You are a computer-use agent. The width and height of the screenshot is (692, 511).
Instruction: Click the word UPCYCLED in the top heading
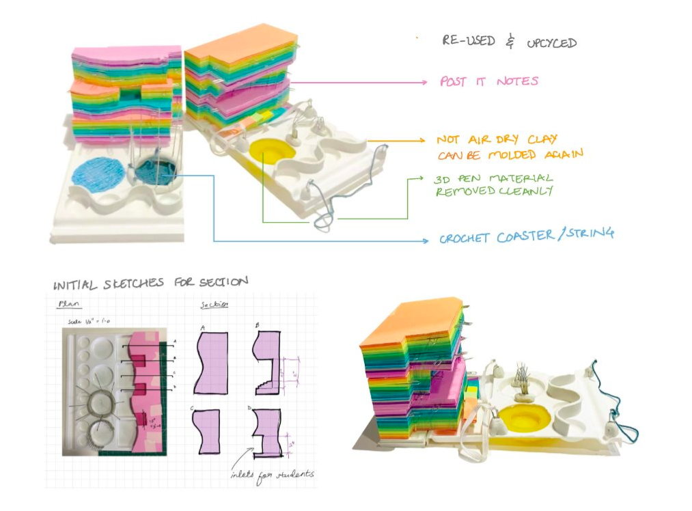click(x=551, y=43)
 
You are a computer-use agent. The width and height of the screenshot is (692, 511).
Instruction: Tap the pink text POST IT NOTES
click(x=489, y=82)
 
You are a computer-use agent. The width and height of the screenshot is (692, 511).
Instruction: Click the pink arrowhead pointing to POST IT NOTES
click(x=424, y=83)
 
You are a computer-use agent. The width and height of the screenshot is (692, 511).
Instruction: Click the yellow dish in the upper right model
click(x=272, y=150)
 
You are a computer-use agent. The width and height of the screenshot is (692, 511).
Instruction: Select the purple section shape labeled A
click(x=211, y=361)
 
